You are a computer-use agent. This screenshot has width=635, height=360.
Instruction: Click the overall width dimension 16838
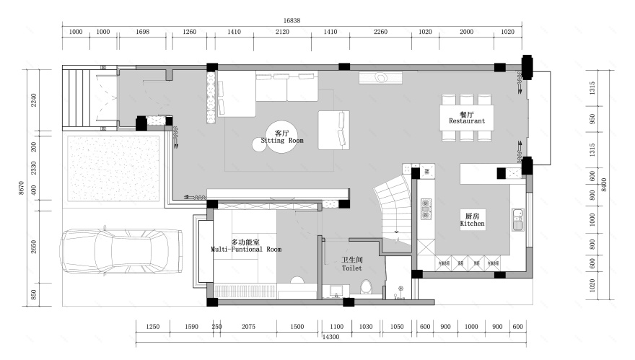292,21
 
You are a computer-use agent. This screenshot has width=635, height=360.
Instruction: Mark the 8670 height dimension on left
21,188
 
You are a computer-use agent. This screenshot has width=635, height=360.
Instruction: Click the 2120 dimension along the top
282,32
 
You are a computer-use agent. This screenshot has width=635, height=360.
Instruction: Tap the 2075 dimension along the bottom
248,327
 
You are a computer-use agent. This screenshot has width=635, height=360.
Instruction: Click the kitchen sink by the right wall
517,219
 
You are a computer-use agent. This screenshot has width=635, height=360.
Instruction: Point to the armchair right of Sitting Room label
334,130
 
